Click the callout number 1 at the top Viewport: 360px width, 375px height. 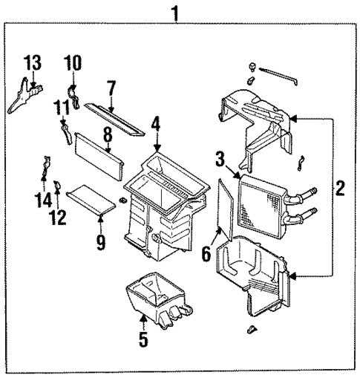176,12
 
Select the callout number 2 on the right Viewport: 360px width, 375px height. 339,188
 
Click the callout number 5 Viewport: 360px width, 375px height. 143,342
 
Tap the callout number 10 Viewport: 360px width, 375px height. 72,63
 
